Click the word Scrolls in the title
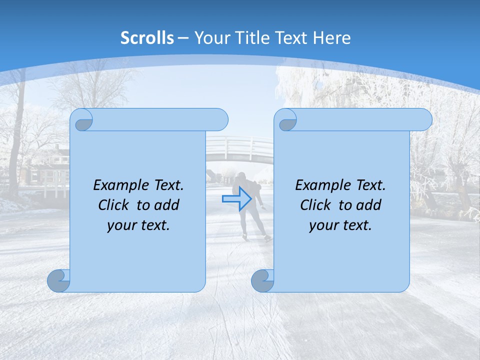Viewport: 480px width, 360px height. [x=147, y=37]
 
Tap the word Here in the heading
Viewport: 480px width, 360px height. [x=331, y=37]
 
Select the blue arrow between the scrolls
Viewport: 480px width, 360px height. [x=236, y=199]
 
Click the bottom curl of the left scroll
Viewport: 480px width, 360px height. [x=59, y=280]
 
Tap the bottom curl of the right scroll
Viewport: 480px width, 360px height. [x=263, y=280]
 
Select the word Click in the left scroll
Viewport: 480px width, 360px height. [x=112, y=205]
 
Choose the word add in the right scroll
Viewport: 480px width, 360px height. [x=369, y=205]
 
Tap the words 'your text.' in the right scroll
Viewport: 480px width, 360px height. [x=340, y=225]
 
